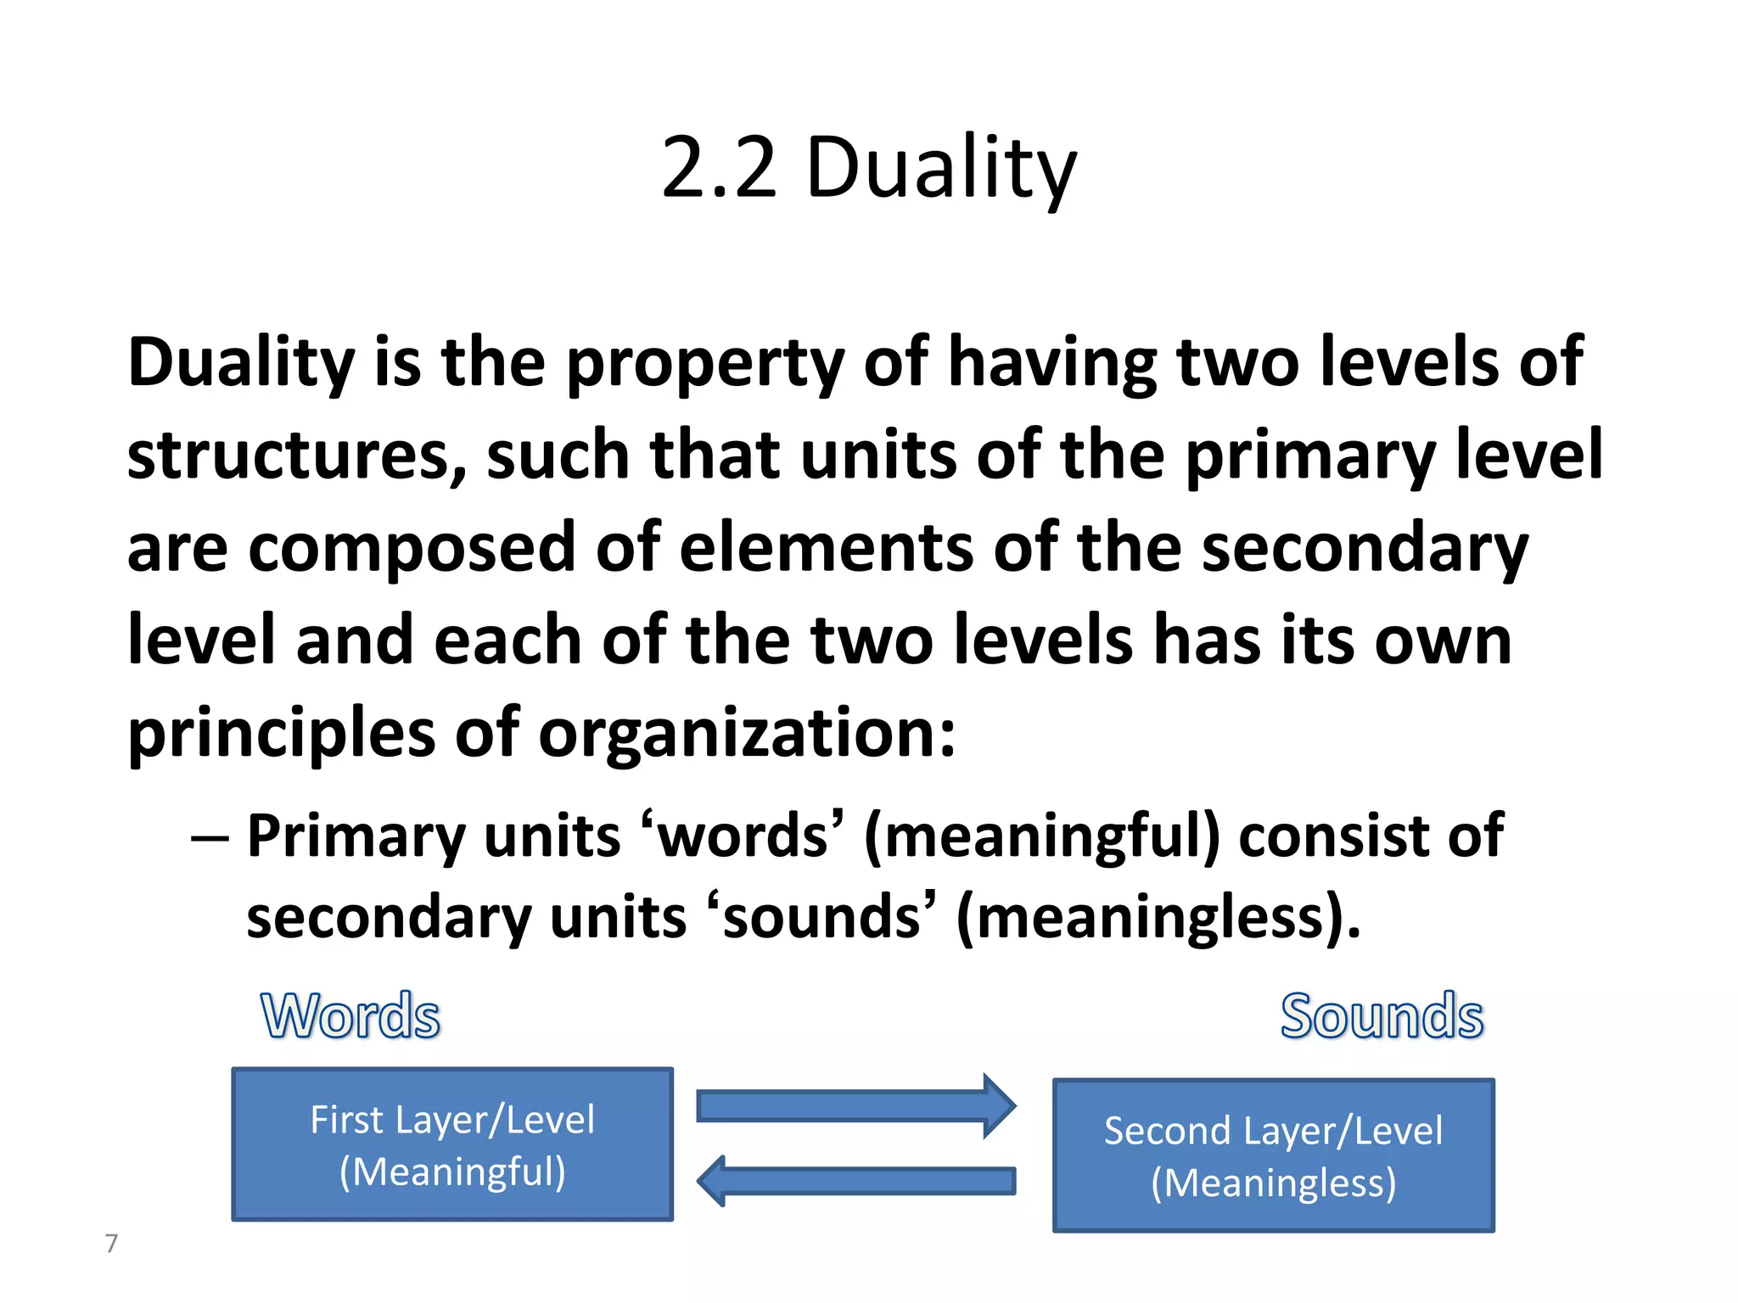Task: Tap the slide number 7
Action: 111,1243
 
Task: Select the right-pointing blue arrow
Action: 855,1106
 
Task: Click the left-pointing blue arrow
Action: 855,1181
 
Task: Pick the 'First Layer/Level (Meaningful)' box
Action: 452,1144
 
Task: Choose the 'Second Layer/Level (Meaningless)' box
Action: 1273,1155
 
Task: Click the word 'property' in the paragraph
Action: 704,363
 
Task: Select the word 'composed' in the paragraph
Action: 412,548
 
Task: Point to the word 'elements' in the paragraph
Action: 826,548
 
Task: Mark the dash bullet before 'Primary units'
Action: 210,838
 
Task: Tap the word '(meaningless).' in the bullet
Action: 1158,918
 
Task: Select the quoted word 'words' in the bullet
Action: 743,836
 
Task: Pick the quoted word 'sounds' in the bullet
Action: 821,918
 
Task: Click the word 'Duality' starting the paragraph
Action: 240,363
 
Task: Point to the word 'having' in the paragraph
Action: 1051,363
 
